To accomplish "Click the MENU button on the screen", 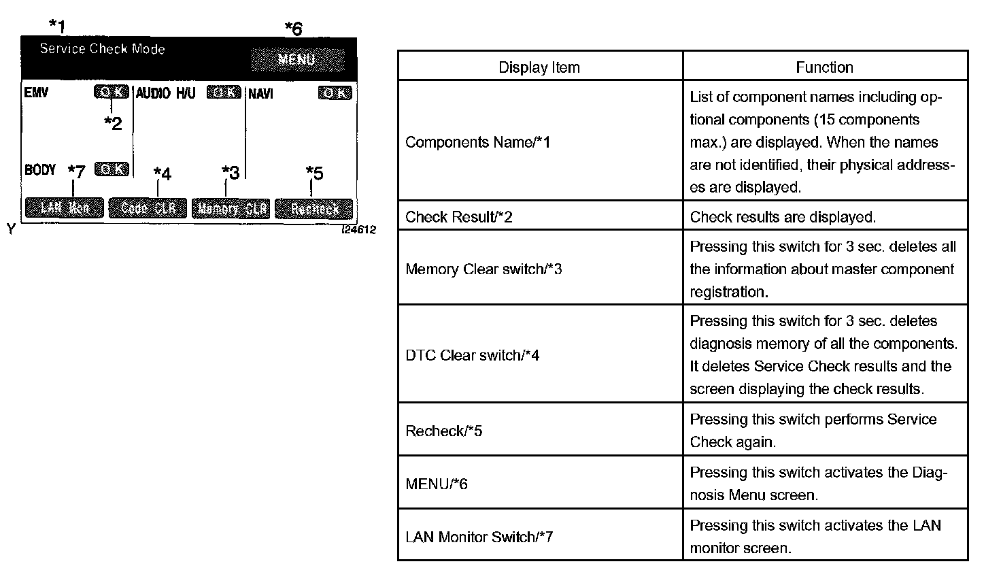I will (x=297, y=59).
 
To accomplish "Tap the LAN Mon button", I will (x=65, y=208).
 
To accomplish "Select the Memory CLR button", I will (x=231, y=208).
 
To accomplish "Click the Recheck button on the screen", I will (x=314, y=208).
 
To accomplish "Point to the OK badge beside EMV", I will (x=111, y=92).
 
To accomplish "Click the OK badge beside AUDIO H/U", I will (x=224, y=92).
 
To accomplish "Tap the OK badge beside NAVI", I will (x=335, y=93).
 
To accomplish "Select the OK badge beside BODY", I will (x=112, y=169).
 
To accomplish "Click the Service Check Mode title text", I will (x=102, y=49).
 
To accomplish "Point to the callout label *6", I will (x=293, y=29).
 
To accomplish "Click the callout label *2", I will (x=113, y=123).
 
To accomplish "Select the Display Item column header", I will (x=539, y=67).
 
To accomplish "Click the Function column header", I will (x=824, y=67).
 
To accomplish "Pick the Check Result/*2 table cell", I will (x=459, y=217).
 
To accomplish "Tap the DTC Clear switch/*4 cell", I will (x=473, y=355).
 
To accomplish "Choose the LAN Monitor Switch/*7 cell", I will (x=479, y=537).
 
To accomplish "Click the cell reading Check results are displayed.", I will (x=783, y=217).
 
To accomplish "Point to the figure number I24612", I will (x=358, y=231).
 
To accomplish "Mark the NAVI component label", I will (x=260, y=93).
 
